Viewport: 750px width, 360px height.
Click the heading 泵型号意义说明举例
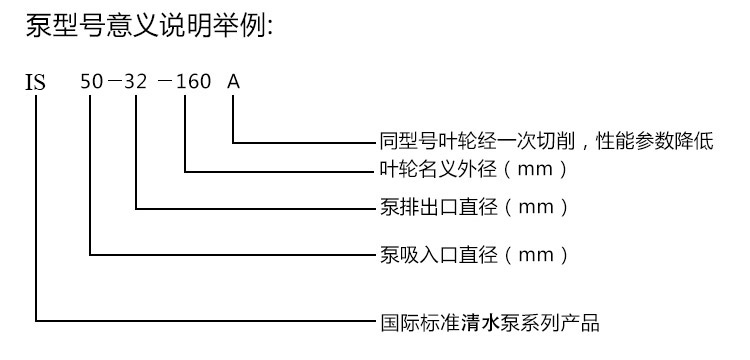point(149,26)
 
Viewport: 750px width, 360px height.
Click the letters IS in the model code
point(35,83)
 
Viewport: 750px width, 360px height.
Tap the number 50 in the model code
point(91,82)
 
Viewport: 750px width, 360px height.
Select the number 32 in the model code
point(135,82)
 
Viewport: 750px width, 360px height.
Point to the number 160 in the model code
point(194,82)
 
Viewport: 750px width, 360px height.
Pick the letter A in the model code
point(233,82)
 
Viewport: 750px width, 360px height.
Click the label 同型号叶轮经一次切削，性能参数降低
point(547,142)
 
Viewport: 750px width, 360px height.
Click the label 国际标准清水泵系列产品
point(490,323)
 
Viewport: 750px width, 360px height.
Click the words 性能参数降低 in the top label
point(654,142)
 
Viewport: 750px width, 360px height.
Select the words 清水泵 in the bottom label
point(490,323)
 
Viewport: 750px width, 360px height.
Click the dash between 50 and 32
point(113,82)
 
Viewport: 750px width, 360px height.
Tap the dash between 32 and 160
point(165,82)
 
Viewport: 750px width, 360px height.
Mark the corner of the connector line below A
point(233,142)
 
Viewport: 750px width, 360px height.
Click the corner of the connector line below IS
point(36,321)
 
